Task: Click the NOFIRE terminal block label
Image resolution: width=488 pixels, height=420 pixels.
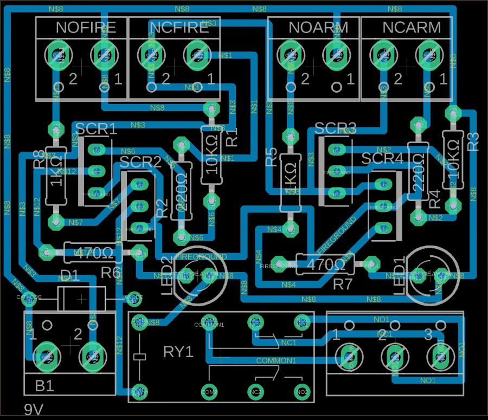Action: pyautogui.click(x=85, y=28)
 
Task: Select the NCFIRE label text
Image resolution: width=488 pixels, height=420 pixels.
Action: pyautogui.click(x=179, y=28)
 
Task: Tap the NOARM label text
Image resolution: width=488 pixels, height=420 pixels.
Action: pyautogui.click(x=318, y=28)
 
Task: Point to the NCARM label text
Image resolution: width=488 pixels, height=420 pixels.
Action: pyautogui.click(x=412, y=28)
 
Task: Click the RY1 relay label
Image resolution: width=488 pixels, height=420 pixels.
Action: pyautogui.click(x=178, y=352)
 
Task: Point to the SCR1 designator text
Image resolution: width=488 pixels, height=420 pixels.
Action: pyautogui.click(x=96, y=129)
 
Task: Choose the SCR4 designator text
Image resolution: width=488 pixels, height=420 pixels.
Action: pyautogui.click(x=382, y=159)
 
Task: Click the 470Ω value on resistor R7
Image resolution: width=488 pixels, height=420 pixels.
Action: pyautogui.click(x=325, y=264)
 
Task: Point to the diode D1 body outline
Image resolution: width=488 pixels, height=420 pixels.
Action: pyautogui.click(x=80, y=299)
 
